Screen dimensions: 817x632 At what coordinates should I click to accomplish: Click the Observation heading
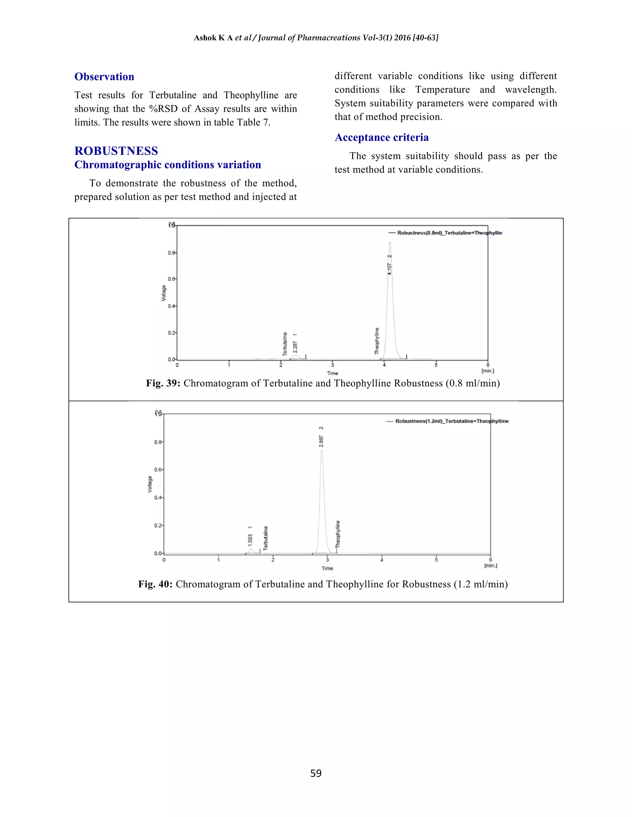(x=104, y=77)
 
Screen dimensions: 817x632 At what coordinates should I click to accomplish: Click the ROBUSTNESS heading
(x=116, y=151)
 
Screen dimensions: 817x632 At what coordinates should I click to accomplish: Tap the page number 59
(x=316, y=773)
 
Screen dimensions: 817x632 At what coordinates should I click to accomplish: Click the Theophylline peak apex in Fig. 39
(x=390, y=242)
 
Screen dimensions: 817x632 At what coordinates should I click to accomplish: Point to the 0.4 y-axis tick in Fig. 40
(x=158, y=498)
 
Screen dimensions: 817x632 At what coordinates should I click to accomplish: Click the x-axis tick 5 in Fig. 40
(x=436, y=560)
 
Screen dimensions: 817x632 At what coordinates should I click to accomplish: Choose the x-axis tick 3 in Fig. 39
(x=332, y=365)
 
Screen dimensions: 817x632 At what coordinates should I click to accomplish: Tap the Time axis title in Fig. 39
(x=332, y=373)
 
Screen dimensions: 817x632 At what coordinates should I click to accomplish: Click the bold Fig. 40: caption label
(x=155, y=584)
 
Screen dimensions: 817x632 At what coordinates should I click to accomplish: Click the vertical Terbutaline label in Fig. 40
(x=266, y=538)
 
